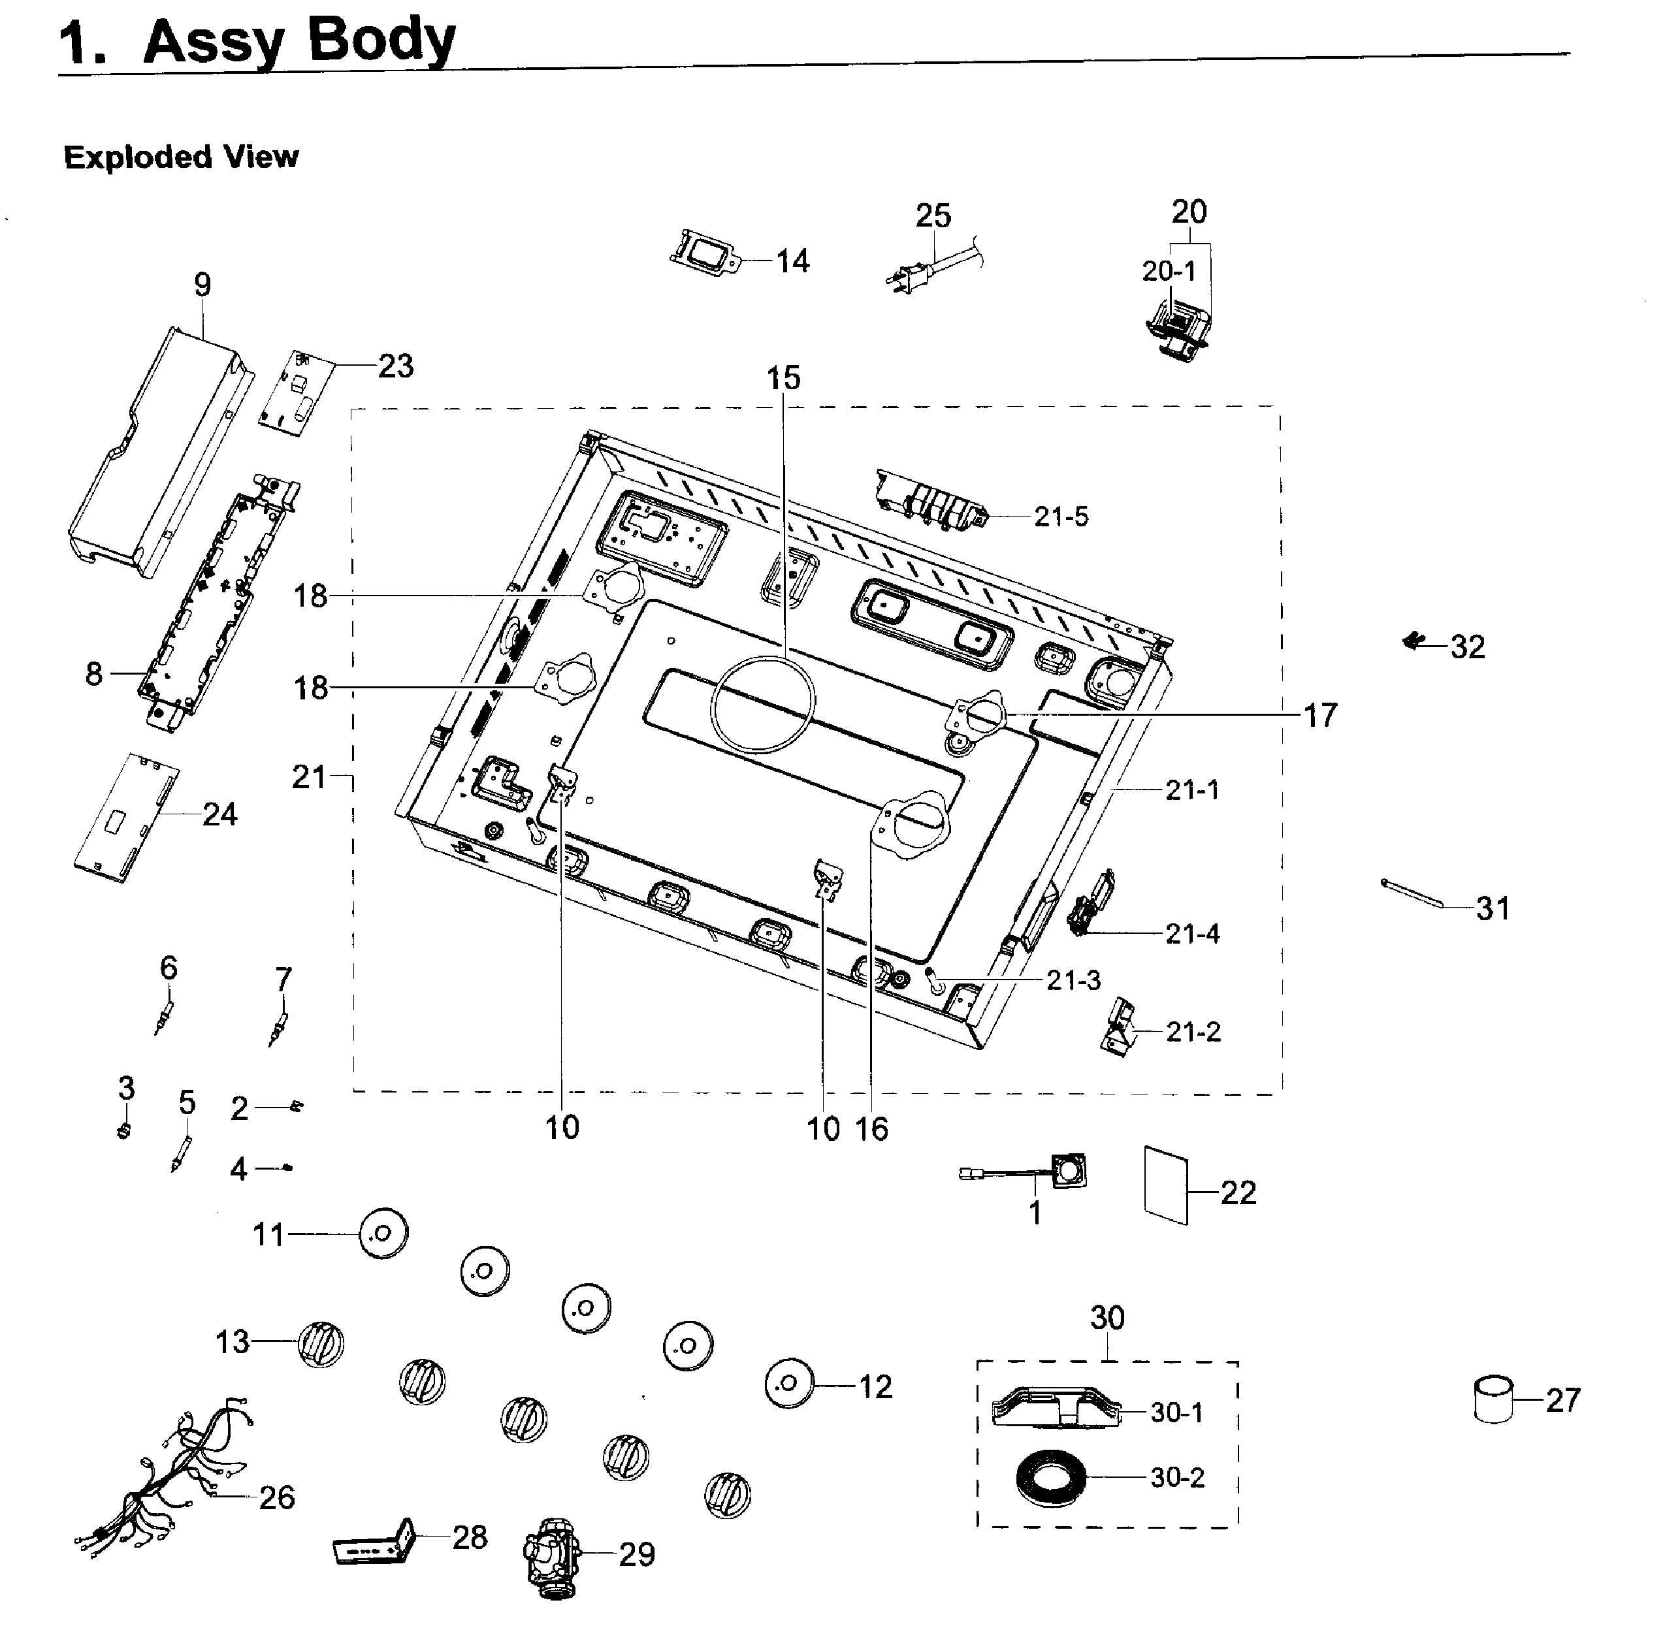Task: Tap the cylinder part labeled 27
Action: [1494, 1399]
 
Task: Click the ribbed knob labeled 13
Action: [321, 1343]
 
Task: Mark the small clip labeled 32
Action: [1415, 641]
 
